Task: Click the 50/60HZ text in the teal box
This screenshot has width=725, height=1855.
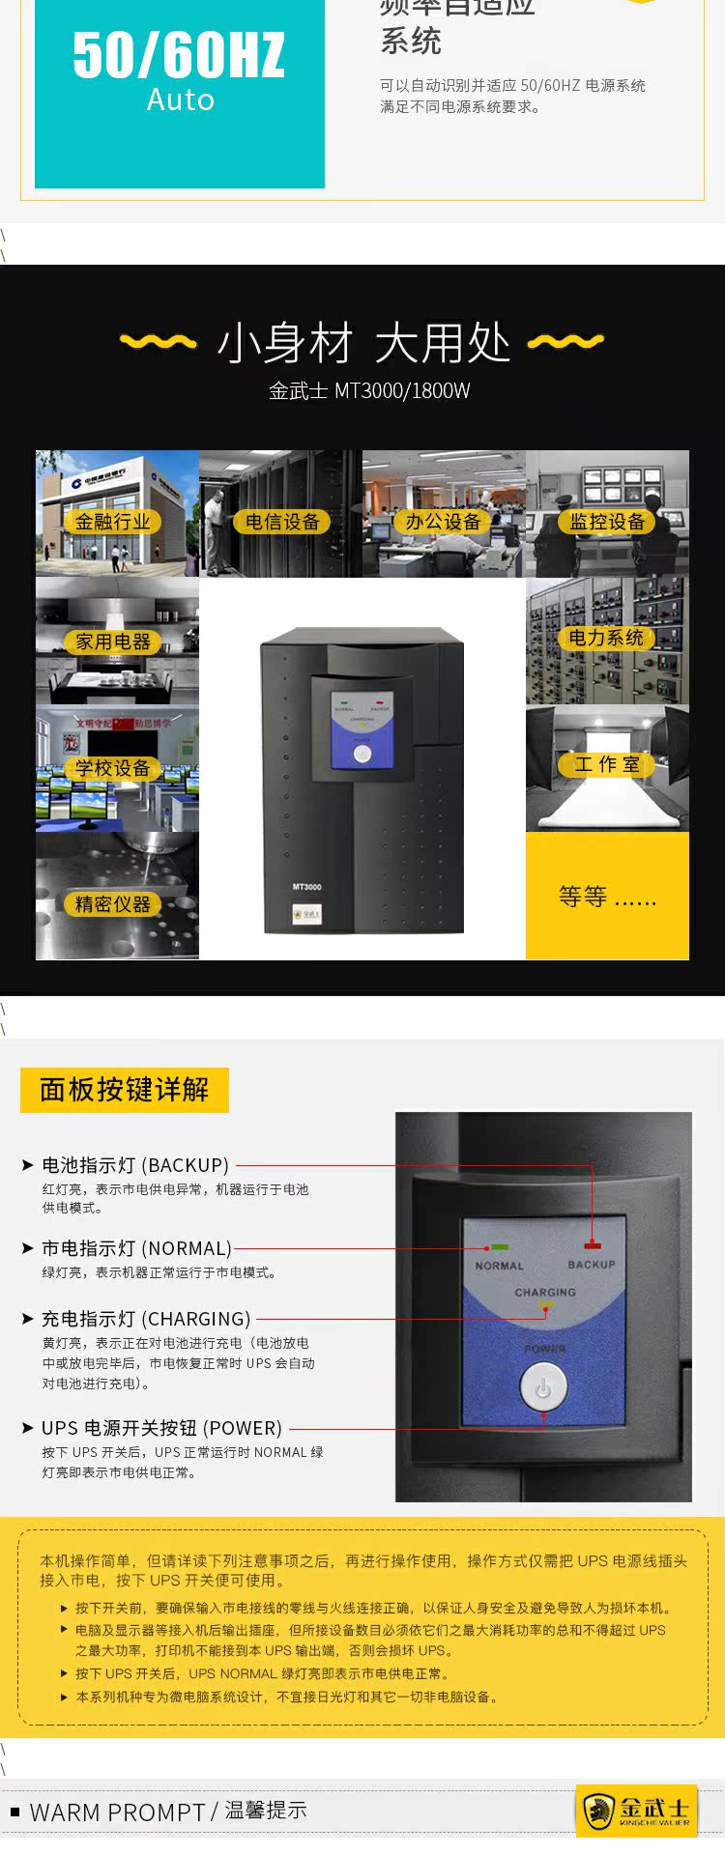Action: pyautogui.click(x=179, y=55)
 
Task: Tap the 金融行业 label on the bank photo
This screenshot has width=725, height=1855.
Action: pyautogui.click(x=112, y=522)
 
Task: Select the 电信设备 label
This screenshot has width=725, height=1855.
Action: pyautogui.click(x=282, y=522)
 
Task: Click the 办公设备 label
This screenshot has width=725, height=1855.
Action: pyautogui.click(x=443, y=522)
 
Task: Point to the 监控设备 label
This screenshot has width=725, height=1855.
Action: pyautogui.click(x=607, y=522)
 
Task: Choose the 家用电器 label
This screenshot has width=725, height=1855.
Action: pyautogui.click(x=113, y=642)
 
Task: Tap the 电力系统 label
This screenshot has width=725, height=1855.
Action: pyautogui.click(x=605, y=638)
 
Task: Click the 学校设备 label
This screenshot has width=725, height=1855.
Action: pyautogui.click(x=112, y=768)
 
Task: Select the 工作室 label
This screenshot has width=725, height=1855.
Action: pyautogui.click(x=607, y=764)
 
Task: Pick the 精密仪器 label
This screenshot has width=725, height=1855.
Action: pyautogui.click(x=113, y=904)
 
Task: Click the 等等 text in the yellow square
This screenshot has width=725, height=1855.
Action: pyautogui.click(x=606, y=897)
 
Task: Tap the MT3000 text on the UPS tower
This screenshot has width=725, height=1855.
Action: pyautogui.click(x=306, y=886)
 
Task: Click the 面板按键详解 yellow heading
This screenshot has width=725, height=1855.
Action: pyautogui.click(x=124, y=1090)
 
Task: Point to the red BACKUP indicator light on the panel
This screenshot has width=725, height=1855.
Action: pyautogui.click(x=592, y=1246)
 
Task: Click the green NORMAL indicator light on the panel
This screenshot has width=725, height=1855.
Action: pyautogui.click(x=500, y=1247)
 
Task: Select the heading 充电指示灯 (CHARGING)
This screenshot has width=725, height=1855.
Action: pyautogui.click(x=146, y=1319)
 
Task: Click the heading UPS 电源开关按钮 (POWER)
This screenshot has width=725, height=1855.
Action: pyautogui.click(x=161, y=1428)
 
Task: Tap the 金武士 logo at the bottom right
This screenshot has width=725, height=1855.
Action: pyautogui.click(x=637, y=1810)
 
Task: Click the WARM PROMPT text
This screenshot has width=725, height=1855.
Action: pyautogui.click(x=117, y=1812)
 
